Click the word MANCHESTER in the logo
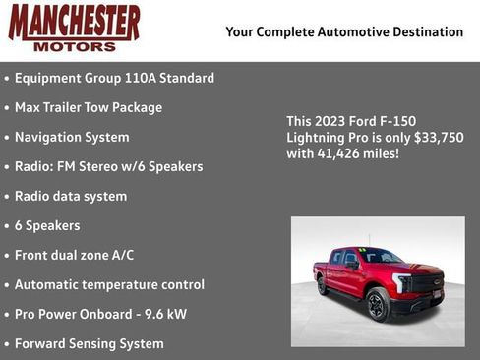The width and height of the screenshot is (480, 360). click(x=74, y=22)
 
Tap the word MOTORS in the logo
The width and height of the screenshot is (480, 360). click(x=74, y=45)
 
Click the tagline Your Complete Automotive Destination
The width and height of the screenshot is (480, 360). click(x=344, y=31)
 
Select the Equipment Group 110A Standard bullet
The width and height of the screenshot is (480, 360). click(x=114, y=78)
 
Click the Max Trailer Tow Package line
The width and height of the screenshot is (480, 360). click(x=88, y=107)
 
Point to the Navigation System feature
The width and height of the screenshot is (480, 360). click(x=72, y=137)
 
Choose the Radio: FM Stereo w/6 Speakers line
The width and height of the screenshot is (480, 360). click(x=108, y=166)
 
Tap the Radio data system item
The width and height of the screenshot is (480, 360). click(x=71, y=196)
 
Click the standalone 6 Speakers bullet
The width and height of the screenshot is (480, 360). click(x=47, y=225)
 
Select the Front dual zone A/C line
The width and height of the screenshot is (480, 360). click(x=74, y=255)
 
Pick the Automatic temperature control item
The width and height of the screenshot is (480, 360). click(x=109, y=284)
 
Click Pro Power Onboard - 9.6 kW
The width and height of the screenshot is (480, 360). click(x=100, y=314)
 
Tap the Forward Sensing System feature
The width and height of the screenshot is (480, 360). click(x=89, y=343)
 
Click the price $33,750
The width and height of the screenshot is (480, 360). click(x=440, y=138)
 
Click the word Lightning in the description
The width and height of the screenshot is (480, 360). click(x=317, y=138)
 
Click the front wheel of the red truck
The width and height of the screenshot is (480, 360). click(x=378, y=305)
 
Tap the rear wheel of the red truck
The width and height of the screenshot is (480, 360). click(x=324, y=286)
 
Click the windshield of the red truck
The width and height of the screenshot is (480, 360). click(x=376, y=258)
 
